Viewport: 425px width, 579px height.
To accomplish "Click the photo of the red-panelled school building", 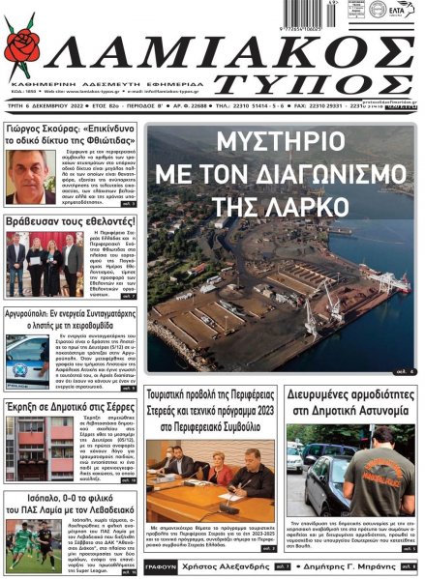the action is (38, 448).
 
